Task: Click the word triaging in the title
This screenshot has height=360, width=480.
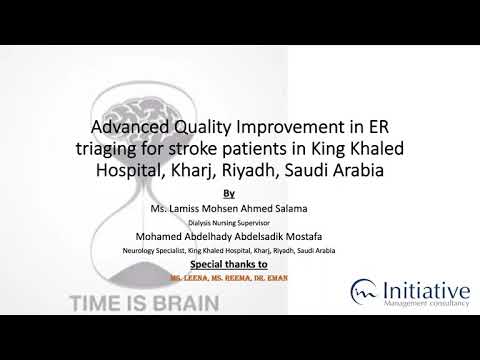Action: [110, 150]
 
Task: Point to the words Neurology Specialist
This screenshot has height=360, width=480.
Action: [149, 250]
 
